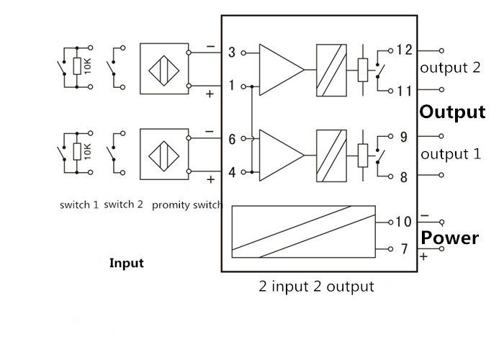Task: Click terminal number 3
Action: tap(232, 52)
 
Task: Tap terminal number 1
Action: tap(232, 86)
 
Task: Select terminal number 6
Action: tap(232, 139)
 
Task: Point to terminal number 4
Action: tap(232, 172)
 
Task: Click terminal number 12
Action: tap(404, 50)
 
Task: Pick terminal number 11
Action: tap(404, 91)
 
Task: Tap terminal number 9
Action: tap(404, 136)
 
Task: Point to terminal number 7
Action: tap(404, 249)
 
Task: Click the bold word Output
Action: tap(452, 112)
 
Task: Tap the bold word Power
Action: tap(449, 238)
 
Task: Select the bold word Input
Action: tap(126, 263)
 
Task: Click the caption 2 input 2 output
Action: tap(316, 287)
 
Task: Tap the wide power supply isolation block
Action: tap(303, 231)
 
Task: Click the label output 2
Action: tap(450, 68)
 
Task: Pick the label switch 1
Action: tap(79, 205)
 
